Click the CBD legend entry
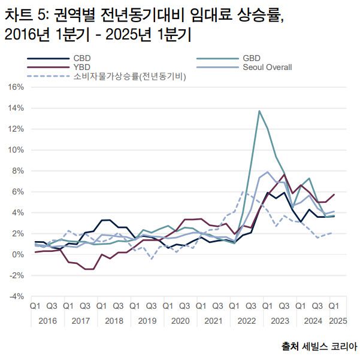pyautogui.click(x=81, y=58)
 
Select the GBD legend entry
pyautogui.click(x=251, y=58)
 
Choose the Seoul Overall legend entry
pyautogui.click(x=267, y=67)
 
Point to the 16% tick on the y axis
pyautogui.click(x=16, y=87)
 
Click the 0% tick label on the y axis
pyautogui.click(x=18, y=254)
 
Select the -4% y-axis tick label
pyautogui.click(x=16, y=296)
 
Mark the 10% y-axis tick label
pyautogui.click(x=16, y=150)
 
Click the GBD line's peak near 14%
pyautogui.click(x=259, y=111)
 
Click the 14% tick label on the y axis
pyautogui.click(x=16, y=108)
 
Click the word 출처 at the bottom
pyautogui.click(x=291, y=346)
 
